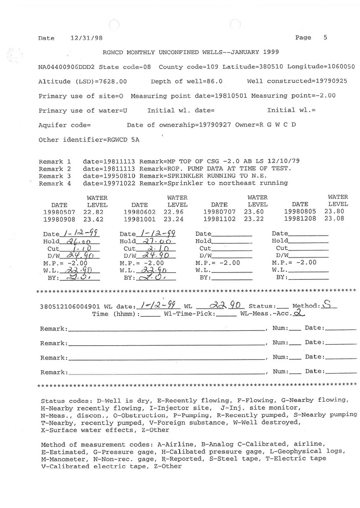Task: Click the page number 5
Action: point(325,37)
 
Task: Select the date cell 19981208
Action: point(300,219)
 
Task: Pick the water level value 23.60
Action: point(257,211)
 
